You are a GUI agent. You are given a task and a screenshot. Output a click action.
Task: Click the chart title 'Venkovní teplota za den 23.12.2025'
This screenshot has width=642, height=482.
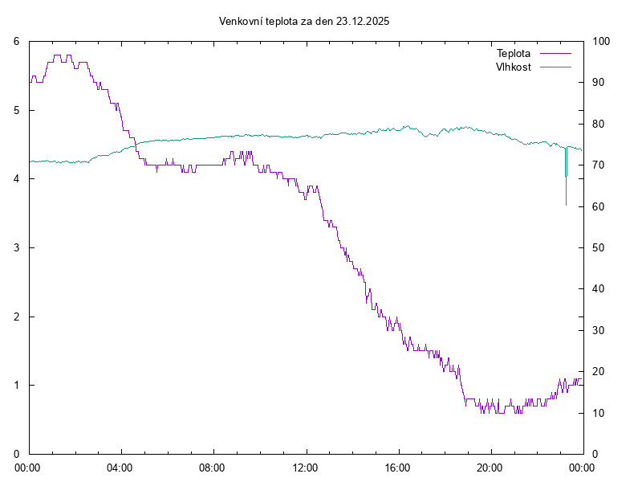[x=304, y=22]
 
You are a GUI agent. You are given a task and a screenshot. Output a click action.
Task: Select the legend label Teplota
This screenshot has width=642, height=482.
[x=514, y=53]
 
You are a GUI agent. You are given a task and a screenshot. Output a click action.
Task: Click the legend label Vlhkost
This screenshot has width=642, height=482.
[x=514, y=67]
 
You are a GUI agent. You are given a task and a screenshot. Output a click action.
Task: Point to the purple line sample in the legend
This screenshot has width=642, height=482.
[x=555, y=53]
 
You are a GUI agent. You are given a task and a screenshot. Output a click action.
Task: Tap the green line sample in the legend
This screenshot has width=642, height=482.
[x=555, y=67]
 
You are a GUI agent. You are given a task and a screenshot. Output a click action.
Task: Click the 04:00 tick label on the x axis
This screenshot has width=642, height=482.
[x=120, y=467]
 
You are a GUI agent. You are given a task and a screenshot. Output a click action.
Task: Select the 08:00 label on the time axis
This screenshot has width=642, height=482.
[x=213, y=467]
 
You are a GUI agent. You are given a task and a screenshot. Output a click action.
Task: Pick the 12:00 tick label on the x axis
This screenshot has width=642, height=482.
[x=305, y=467]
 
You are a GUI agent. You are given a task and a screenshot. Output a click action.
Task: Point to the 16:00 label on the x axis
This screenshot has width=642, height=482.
[x=397, y=467]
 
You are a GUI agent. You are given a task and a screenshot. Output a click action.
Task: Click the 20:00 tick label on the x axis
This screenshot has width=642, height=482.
[x=490, y=467]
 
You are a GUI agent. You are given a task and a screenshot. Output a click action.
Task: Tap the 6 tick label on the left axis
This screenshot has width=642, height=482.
[x=17, y=41]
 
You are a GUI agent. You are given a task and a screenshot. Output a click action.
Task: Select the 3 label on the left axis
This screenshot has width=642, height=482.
[x=17, y=247]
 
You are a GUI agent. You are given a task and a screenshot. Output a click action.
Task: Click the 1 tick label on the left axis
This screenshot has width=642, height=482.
[x=17, y=385]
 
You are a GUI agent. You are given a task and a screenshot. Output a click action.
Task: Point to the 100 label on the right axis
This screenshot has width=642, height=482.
[x=601, y=41]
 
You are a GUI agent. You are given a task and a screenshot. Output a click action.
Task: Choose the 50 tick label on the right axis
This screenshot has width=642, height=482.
[x=599, y=247]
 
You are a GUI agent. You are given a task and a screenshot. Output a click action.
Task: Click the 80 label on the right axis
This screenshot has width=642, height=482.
[x=599, y=124]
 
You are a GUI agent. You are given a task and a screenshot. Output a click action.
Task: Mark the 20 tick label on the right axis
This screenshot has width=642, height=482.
[x=599, y=371]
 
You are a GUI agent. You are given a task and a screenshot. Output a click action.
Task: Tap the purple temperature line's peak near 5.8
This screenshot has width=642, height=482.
[x=58, y=55]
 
